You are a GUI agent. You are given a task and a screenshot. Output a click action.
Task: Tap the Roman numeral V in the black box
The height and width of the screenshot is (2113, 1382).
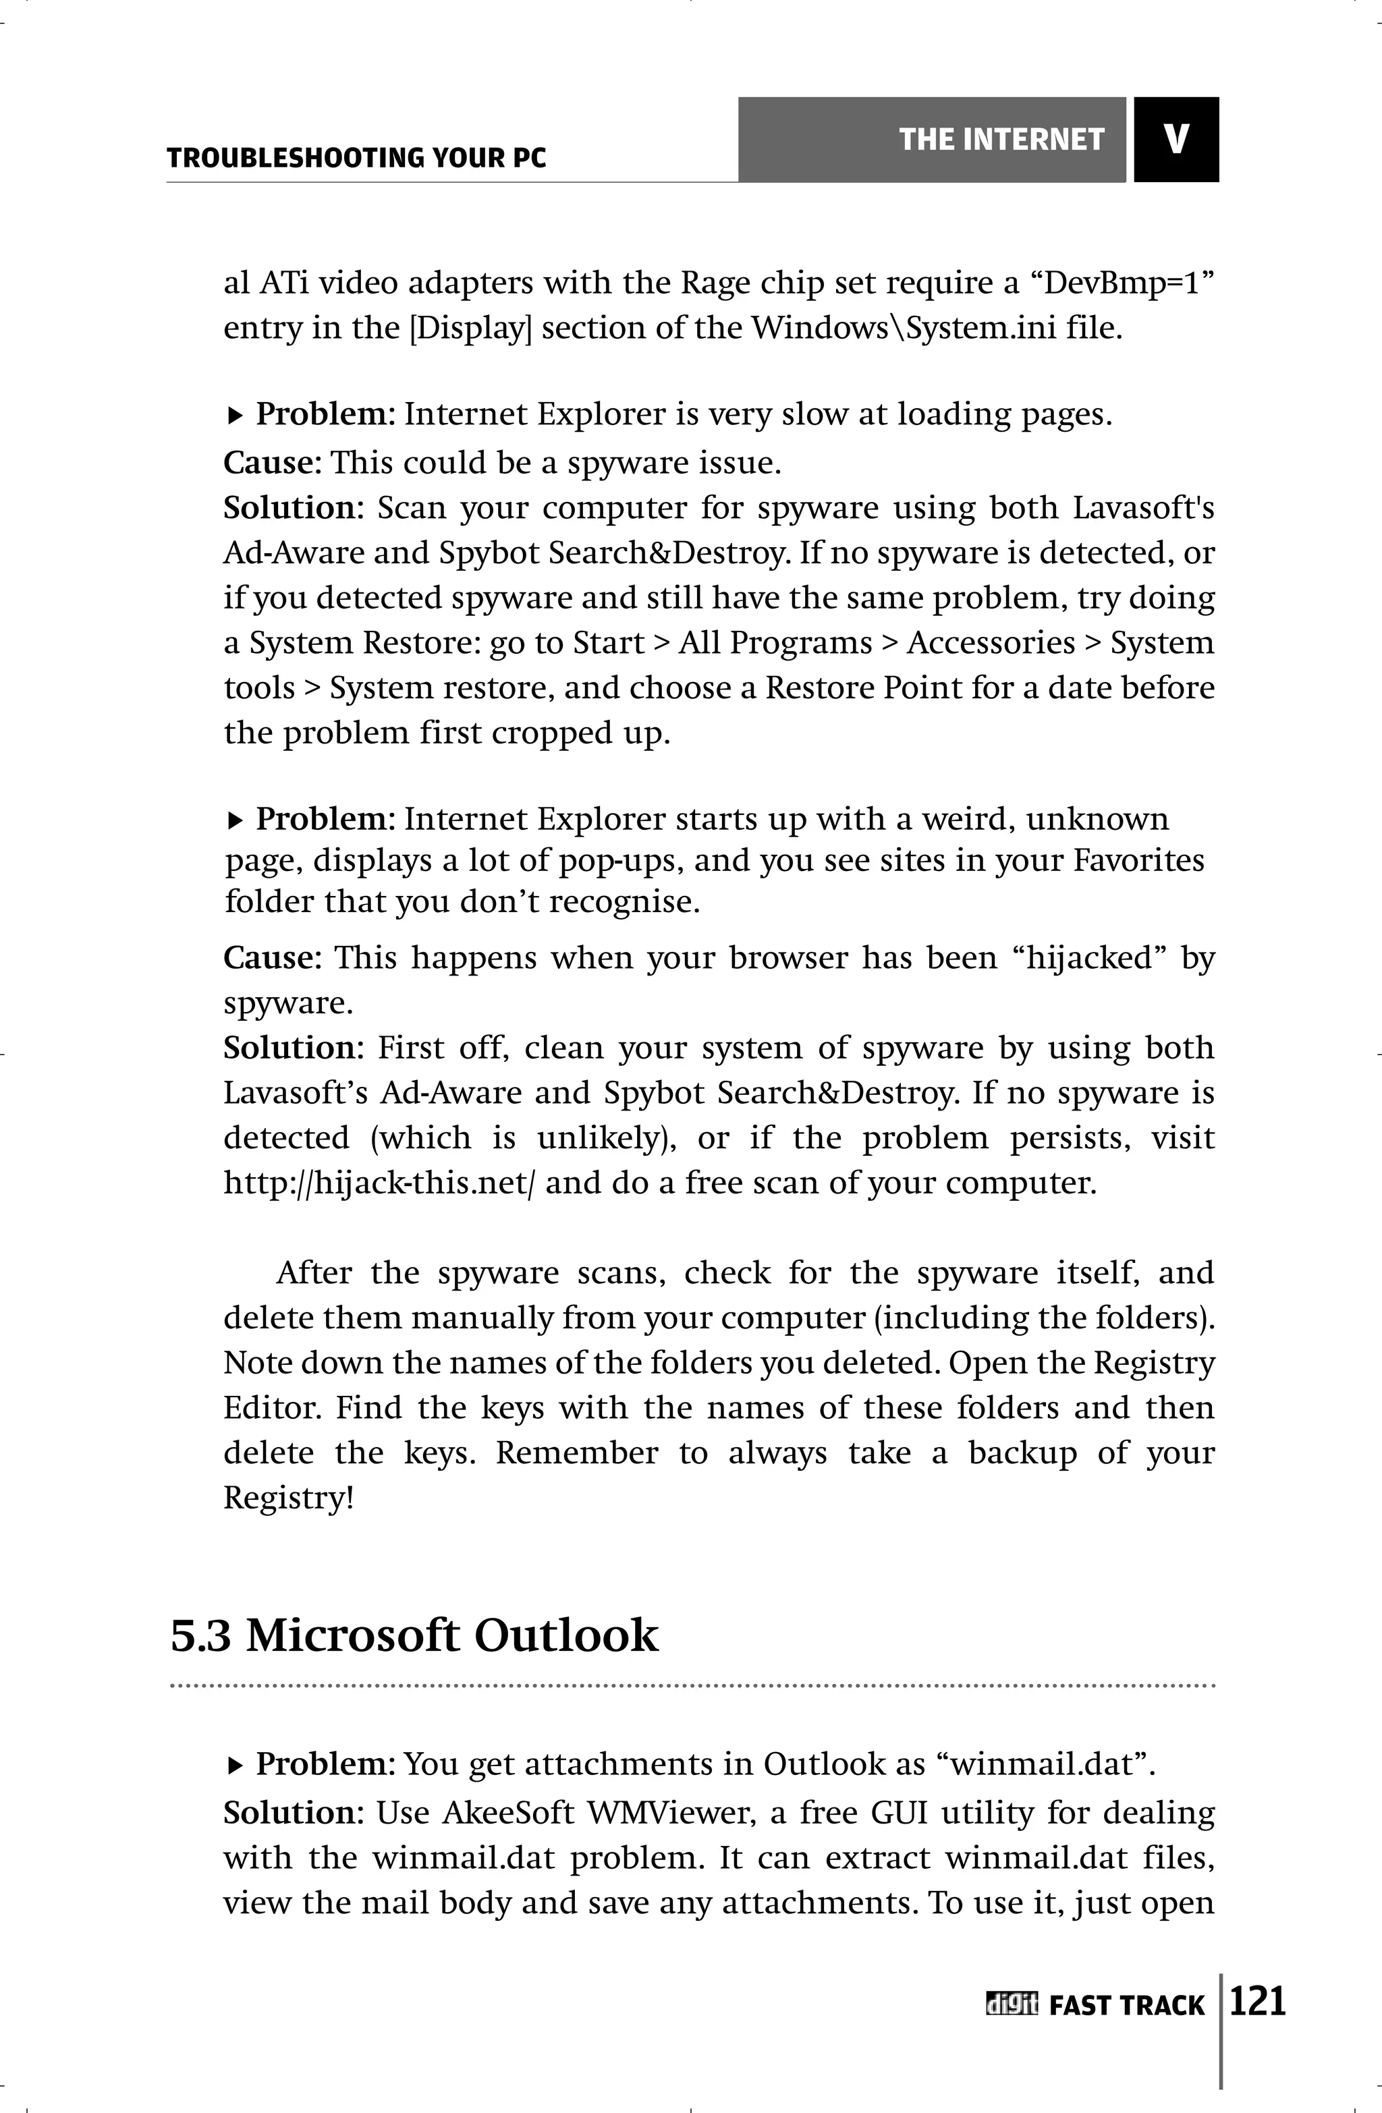(x=1176, y=140)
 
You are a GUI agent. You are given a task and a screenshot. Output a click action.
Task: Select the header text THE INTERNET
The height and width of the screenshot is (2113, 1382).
(x=1001, y=140)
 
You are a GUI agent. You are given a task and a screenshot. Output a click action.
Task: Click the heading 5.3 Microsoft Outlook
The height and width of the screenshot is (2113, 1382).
(x=414, y=1635)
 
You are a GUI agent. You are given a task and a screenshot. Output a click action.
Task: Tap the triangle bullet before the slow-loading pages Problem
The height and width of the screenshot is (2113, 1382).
(x=236, y=416)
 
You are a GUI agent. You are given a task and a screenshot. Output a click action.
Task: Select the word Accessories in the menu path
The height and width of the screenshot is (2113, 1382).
(x=991, y=643)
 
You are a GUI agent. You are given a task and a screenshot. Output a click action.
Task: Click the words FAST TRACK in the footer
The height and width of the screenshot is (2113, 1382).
(x=1126, y=2006)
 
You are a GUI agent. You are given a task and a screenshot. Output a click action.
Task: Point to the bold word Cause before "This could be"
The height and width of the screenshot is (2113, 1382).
(x=267, y=463)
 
